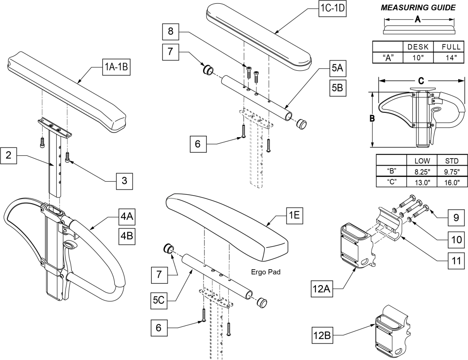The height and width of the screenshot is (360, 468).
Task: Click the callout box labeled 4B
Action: (x=127, y=236)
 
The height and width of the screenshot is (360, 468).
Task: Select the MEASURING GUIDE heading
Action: (x=418, y=8)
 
